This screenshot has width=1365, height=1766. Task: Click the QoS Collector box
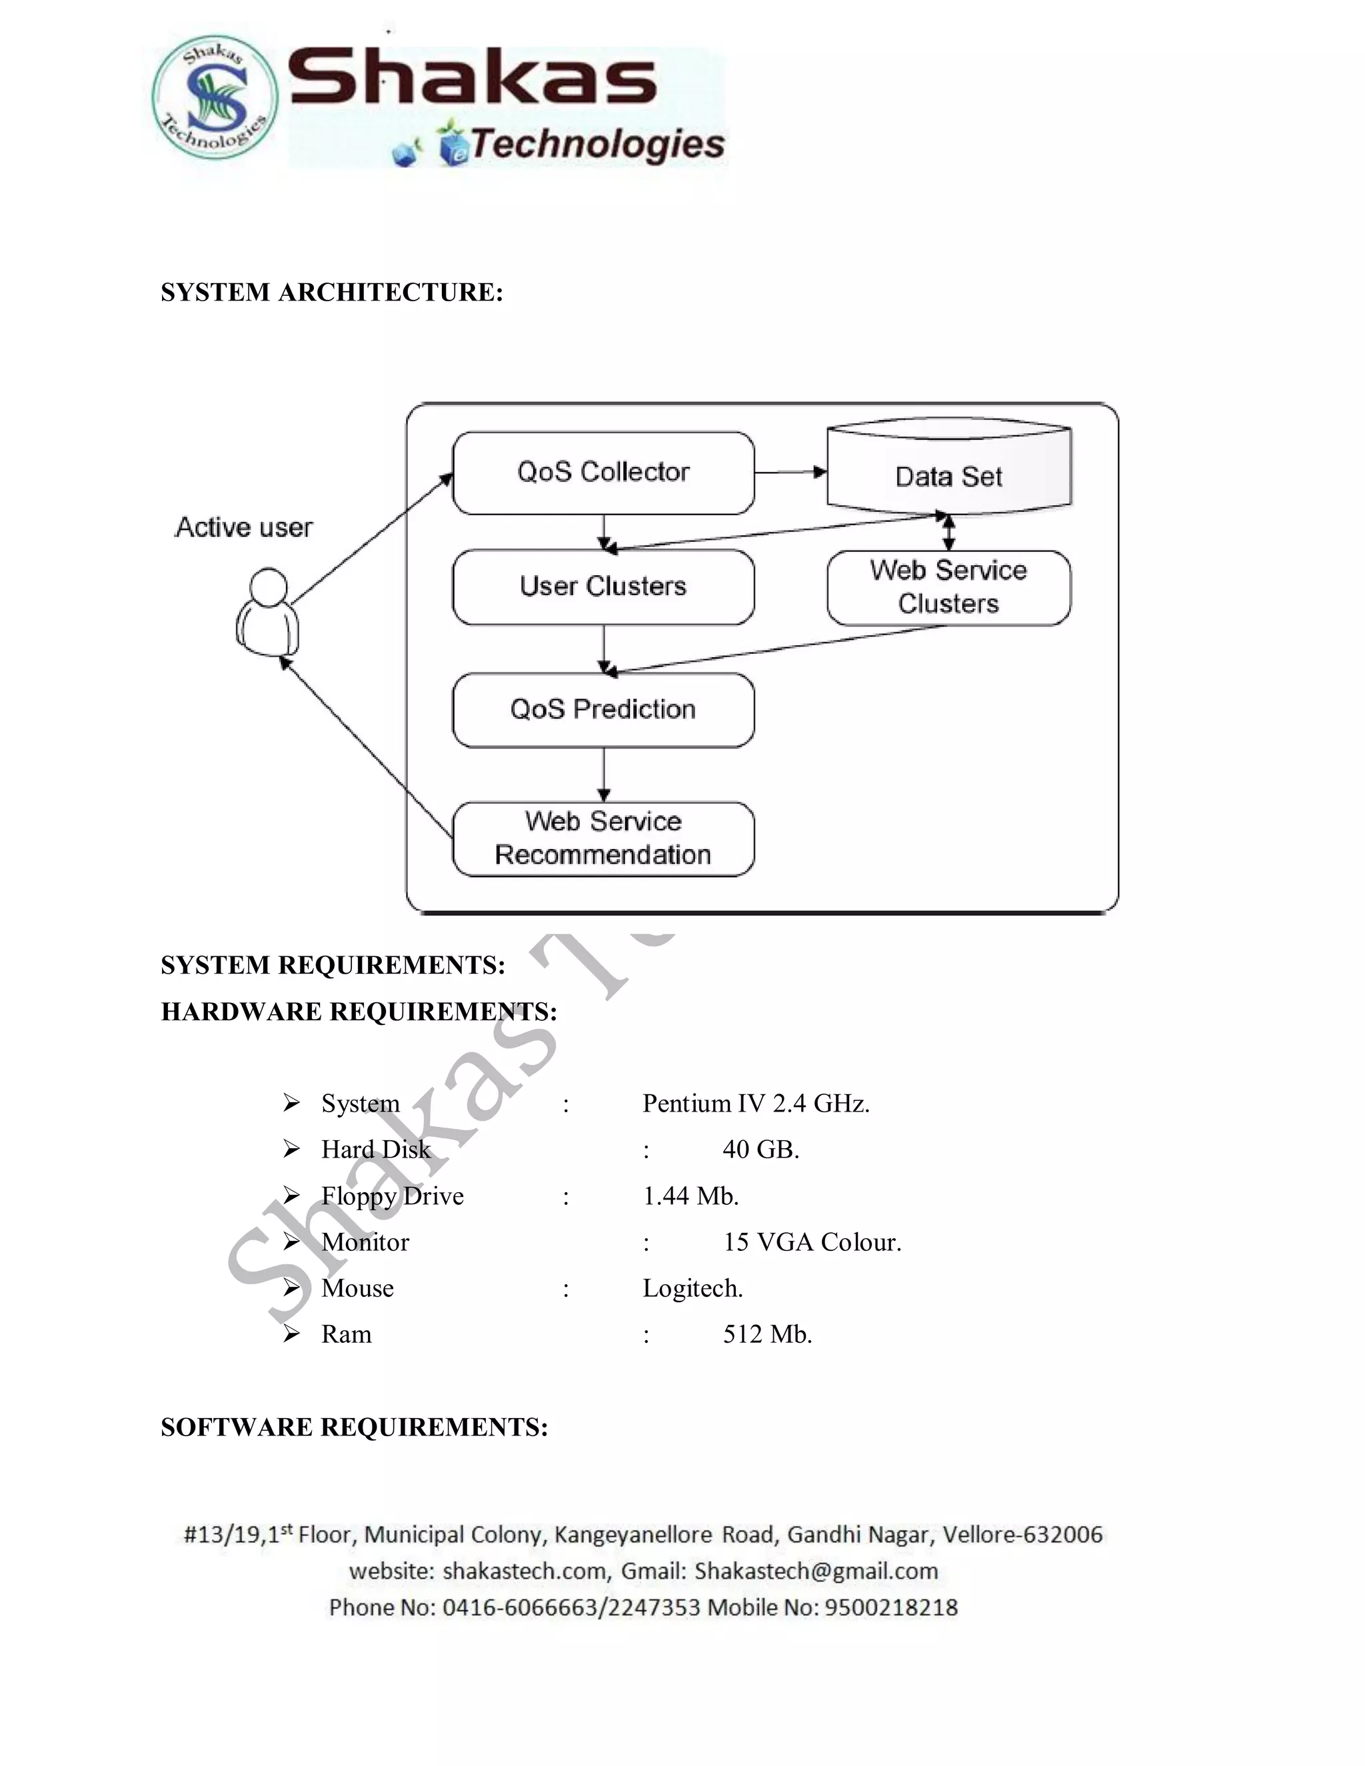[x=603, y=473]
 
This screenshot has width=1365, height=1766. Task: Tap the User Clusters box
[x=603, y=587]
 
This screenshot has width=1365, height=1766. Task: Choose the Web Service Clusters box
[x=948, y=588]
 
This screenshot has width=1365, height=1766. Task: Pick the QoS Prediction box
[x=603, y=710]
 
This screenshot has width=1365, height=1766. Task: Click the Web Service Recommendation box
[x=603, y=838]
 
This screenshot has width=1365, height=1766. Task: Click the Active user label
[x=243, y=527]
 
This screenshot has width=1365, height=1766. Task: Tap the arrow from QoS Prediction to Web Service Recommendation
[x=603, y=774]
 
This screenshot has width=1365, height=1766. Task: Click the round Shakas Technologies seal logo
[x=215, y=97]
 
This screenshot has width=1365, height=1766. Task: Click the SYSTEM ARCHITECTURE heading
[x=331, y=292]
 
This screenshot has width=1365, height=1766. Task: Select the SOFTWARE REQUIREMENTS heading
[x=354, y=1427]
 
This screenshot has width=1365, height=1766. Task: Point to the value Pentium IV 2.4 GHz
[x=755, y=1104]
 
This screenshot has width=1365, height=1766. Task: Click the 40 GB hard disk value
[x=760, y=1150]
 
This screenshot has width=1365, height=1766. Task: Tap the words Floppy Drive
[x=392, y=1196]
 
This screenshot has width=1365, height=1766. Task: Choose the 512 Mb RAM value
[x=766, y=1334]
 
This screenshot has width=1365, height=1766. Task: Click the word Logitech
[x=692, y=1288]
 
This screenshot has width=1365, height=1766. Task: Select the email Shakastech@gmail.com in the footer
[x=816, y=1571]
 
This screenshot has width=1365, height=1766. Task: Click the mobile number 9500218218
[x=890, y=1607]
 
